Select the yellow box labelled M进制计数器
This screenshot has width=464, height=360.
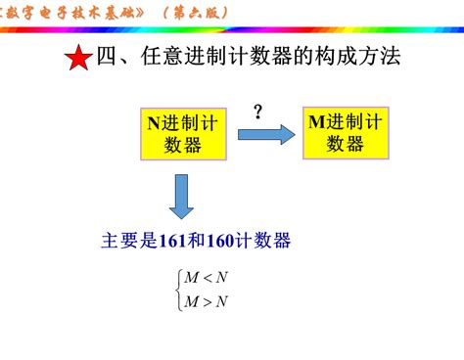346,131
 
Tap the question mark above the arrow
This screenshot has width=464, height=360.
258,112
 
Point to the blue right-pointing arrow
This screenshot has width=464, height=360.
265,134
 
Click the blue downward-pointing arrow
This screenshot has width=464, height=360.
182,195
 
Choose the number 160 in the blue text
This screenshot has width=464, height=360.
226,241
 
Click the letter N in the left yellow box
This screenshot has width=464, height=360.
153,123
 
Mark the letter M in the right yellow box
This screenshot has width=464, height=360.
316,121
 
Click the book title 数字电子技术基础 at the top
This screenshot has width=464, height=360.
74,12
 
